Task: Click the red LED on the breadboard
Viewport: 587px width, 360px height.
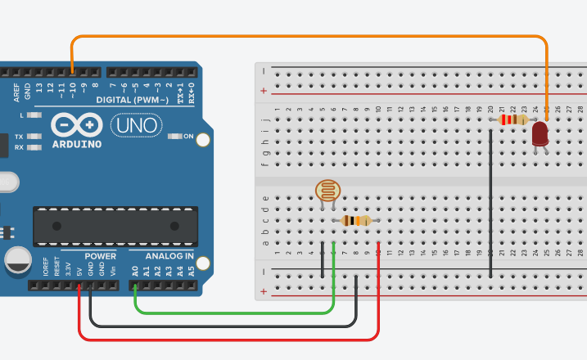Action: [x=540, y=134]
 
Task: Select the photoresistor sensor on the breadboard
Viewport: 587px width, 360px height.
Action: [x=326, y=192]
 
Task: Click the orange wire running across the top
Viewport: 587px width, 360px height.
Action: [x=311, y=36]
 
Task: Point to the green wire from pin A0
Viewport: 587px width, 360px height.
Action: [x=237, y=312]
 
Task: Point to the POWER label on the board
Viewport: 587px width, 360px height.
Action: [x=100, y=256]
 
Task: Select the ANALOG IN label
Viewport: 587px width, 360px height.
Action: [x=170, y=256]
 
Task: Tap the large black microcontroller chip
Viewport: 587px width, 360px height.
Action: [x=115, y=226]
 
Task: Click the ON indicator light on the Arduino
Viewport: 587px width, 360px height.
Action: [x=174, y=136]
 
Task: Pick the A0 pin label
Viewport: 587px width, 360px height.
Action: [x=135, y=269]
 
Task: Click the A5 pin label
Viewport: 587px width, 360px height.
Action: [x=192, y=269]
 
